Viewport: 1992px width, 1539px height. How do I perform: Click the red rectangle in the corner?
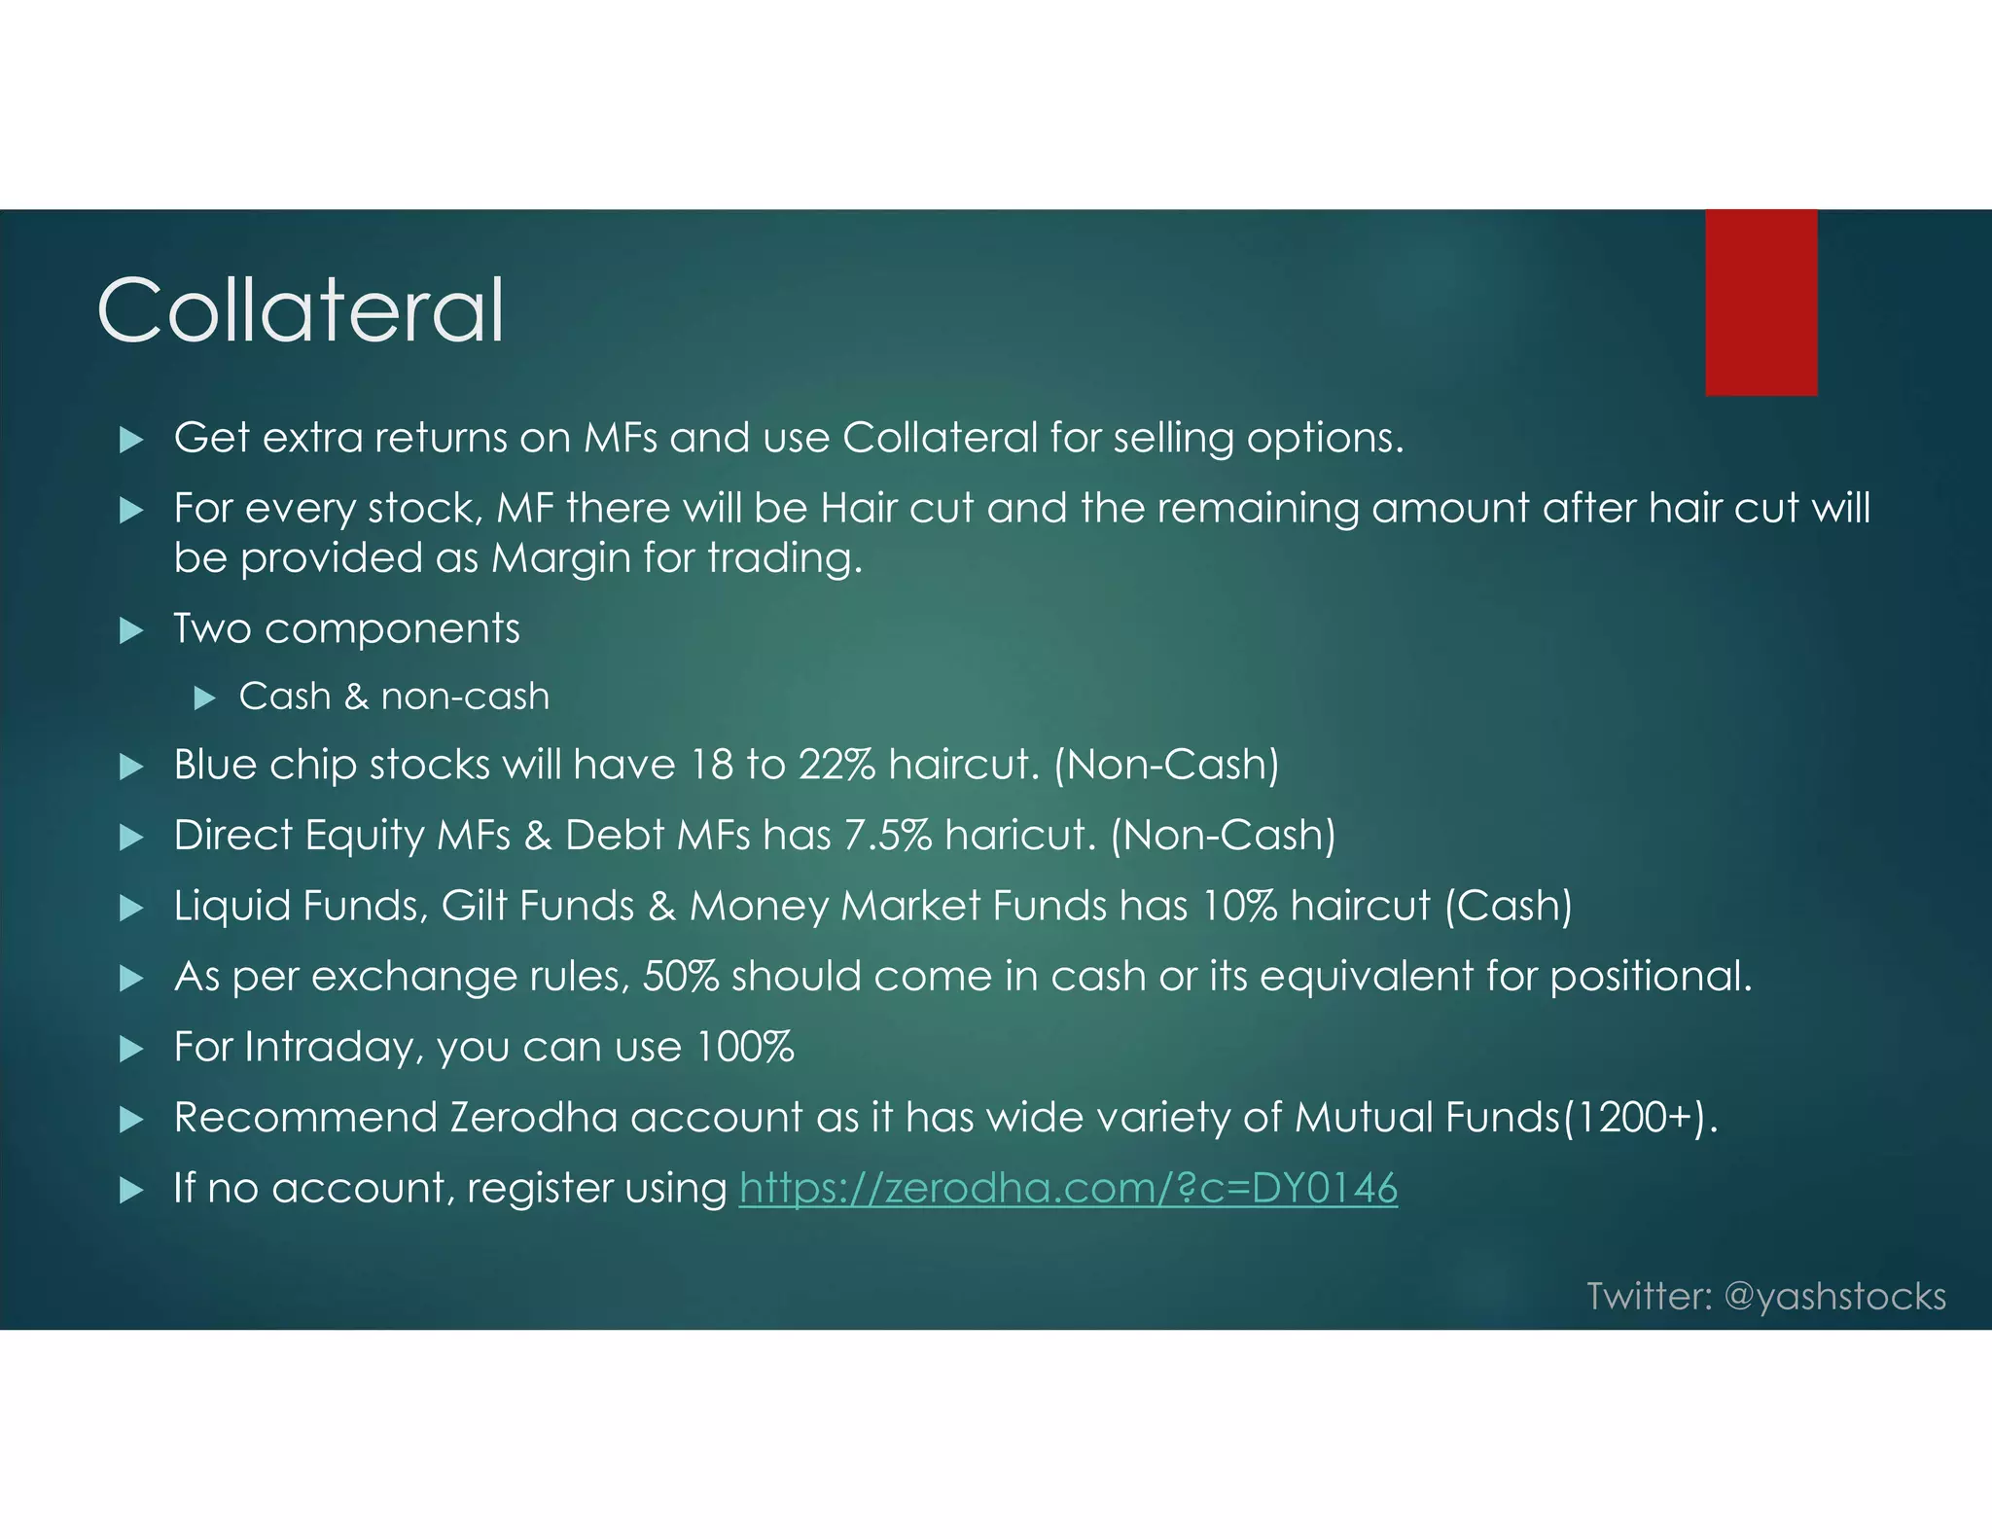point(1761,302)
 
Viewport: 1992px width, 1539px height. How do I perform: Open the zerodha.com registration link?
point(1068,1188)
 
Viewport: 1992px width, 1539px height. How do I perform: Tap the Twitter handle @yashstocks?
point(1834,1297)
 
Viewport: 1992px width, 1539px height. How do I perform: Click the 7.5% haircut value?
point(887,836)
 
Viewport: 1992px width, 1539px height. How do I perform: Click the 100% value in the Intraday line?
point(745,1047)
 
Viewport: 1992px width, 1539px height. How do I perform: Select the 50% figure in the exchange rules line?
point(681,976)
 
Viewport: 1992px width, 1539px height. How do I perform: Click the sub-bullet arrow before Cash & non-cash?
point(204,698)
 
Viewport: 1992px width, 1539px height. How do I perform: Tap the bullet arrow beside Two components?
point(131,631)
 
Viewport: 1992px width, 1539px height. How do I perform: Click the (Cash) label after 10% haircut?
point(1509,906)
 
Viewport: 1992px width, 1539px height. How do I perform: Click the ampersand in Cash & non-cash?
point(356,697)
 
